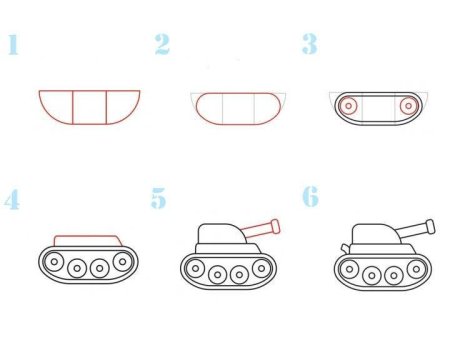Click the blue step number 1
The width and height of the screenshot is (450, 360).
click(13, 44)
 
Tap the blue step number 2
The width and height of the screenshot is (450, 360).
click(162, 44)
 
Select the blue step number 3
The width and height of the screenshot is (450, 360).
click(310, 44)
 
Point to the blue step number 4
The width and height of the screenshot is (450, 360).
click(12, 200)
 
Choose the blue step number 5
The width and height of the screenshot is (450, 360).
click(159, 199)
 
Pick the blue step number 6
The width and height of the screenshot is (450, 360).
click(311, 197)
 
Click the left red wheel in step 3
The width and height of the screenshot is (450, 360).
click(348, 105)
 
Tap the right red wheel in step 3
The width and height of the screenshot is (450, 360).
click(408, 104)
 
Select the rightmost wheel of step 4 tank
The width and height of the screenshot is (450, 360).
click(122, 261)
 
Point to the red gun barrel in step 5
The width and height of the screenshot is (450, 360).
click(258, 229)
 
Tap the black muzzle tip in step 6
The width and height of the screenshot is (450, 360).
click(431, 224)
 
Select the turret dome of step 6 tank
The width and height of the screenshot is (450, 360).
click(369, 236)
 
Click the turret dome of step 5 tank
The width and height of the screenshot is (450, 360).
click(218, 236)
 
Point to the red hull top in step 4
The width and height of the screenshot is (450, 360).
click(88, 240)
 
